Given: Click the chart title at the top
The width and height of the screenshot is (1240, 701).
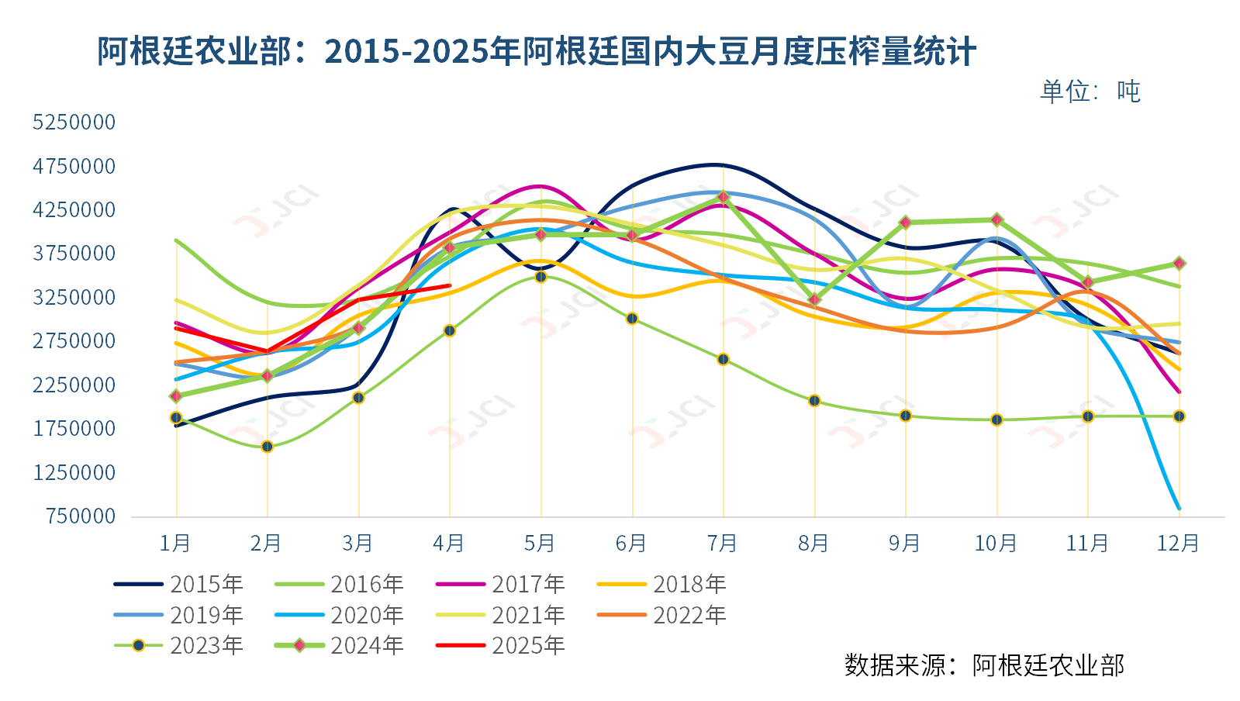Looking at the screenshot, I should click(536, 52).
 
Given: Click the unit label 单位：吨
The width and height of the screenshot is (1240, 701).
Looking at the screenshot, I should click(1090, 92).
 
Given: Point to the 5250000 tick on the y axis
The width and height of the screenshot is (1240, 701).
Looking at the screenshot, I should click(74, 122).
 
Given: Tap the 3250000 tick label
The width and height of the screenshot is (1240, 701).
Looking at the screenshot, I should click(74, 297).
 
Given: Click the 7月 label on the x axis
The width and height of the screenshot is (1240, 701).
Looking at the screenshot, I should click(722, 543).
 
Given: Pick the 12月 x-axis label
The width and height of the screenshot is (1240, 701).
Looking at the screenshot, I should click(1178, 543).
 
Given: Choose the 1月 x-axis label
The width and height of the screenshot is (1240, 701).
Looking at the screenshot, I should click(175, 543).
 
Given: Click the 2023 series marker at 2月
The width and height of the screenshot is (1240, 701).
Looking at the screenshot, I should click(267, 447).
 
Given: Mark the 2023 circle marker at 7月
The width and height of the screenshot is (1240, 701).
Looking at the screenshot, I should click(723, 359).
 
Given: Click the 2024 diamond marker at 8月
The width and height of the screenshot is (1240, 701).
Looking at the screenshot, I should click(814, 300).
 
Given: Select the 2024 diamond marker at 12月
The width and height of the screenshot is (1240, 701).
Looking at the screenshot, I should click(1179, 264).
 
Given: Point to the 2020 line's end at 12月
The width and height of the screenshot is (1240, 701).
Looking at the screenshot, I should click(1179, 509).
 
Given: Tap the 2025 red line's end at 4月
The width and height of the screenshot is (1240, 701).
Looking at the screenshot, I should click(450, 285).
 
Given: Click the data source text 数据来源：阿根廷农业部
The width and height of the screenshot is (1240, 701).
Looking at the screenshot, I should click(984, 665).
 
